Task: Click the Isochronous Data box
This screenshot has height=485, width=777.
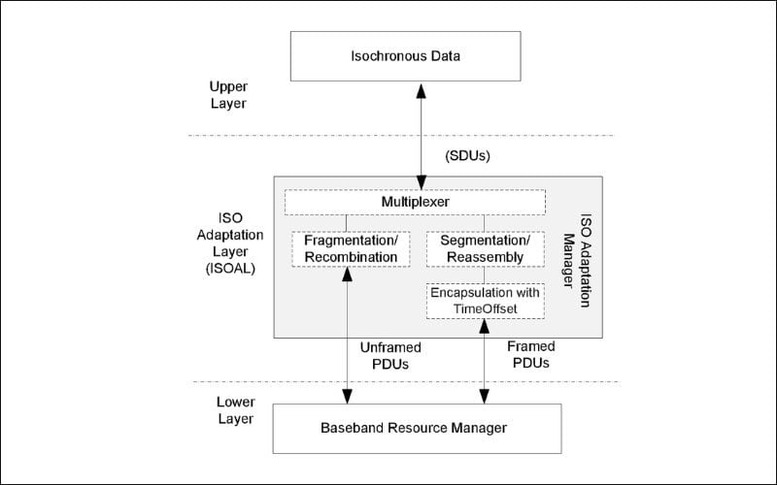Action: pyautogui.click(x=419, y=55)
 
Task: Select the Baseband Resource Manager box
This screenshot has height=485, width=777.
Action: pyautogui.click(x=419, y=427)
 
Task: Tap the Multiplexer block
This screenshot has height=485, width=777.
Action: pyautogui.click(x=414, y=202)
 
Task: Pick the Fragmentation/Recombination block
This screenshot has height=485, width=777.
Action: pyautogui.click(x=345, y=248)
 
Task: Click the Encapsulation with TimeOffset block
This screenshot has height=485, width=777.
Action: pyautogui.click(x=485, y=300)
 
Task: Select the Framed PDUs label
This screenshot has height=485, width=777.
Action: pyautogui.click(x=530, y=355)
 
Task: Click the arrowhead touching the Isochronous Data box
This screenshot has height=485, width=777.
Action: pyautogui.click(x=419, y=88)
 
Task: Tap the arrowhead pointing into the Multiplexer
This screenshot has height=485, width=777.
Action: pyautogui.click(x=419, y=182)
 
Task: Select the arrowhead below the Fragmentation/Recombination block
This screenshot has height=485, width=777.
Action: pyautogui.click(x=346, y=275)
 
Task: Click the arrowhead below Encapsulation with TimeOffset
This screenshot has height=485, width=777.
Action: pyautogui.click(x=482, y=325)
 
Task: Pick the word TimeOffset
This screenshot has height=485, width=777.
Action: pyautogui.click(x=485, y=307)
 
